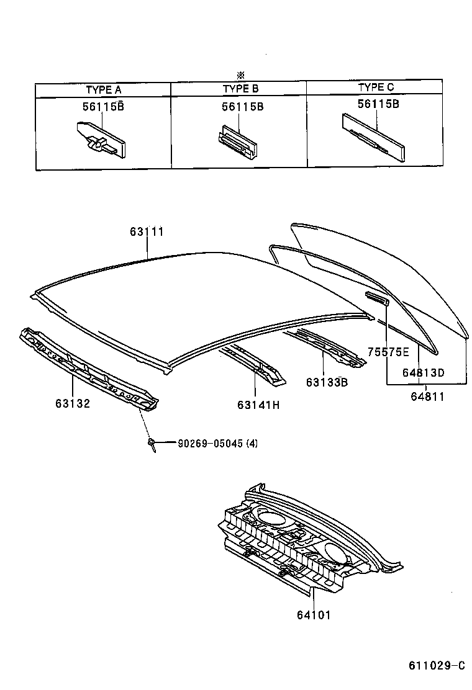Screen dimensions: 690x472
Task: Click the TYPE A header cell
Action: click(103, 89)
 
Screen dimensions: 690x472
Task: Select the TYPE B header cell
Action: click(240, 89)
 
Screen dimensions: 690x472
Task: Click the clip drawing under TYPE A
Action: click(100, 140)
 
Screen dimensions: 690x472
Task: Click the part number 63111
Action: click(147, 231)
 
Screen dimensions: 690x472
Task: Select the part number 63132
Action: click(73, 403)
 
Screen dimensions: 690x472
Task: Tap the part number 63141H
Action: click(258, 405)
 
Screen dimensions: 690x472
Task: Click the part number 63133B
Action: click(326, 382)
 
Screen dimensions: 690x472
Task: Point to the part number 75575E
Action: click(388, 352)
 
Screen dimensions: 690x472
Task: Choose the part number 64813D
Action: click(423, 372)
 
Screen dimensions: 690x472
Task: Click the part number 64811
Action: click(423, 395)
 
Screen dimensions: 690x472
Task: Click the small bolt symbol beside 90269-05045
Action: click(151, 443)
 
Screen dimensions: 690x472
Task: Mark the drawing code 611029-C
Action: click(436, 666)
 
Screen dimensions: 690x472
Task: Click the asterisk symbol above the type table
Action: click(239, 76)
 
